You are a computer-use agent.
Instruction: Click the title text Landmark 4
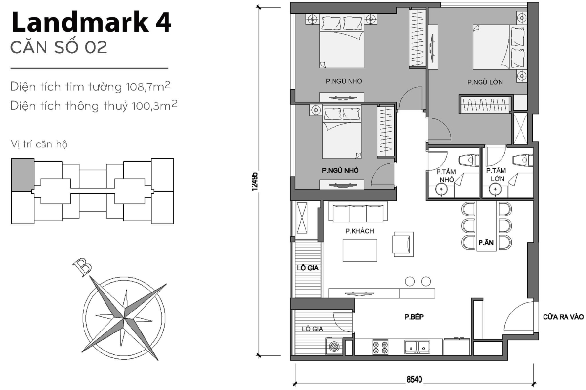click(91, 23)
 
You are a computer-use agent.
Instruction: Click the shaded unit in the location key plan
click(22, 175)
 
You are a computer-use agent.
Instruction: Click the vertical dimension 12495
click(254, 181)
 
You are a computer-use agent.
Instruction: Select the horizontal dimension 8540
click(414, 379)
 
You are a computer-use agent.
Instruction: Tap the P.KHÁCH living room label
click(359, 231)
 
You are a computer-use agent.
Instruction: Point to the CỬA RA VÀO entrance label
click(563, 316)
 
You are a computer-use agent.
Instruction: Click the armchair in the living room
click(402, 242)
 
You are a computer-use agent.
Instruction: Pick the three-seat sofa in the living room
click(357, 213)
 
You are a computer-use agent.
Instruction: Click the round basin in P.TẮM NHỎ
click(441, 189)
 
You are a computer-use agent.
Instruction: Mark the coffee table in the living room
click(359, 251)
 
